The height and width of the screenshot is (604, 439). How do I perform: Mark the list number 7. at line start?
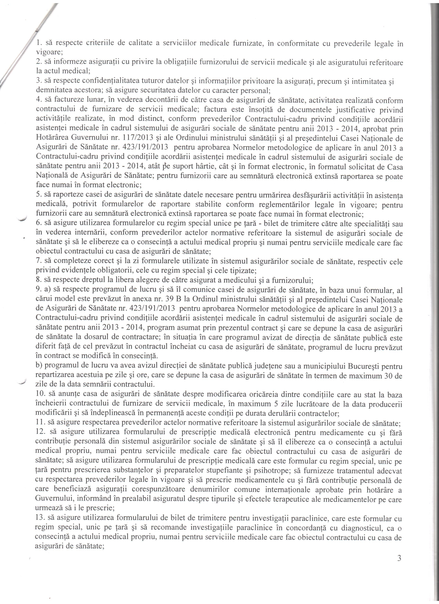[38, 262]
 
